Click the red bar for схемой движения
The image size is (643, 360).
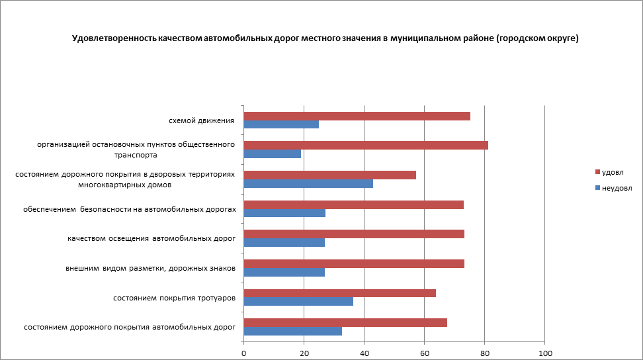(357, 116)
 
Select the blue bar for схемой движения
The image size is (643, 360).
(281, 124)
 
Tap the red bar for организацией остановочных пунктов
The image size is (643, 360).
(366, 145)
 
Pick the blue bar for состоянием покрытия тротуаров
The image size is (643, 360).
(298, 301)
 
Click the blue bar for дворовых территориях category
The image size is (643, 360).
(308, 183)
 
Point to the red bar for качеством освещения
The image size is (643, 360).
(354, 234)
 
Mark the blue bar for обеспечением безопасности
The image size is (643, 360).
(284, 213)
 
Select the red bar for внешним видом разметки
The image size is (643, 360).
(354, 263)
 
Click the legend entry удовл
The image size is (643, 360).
(613, 172)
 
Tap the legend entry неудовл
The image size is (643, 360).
(616, 187)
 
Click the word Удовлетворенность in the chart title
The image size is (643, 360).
(114, 38)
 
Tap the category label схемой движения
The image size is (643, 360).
(202, 120)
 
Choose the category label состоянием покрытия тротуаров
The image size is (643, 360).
(175, 298)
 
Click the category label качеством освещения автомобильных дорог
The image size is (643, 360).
(151, 238)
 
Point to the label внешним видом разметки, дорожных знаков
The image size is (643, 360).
(150, 268)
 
